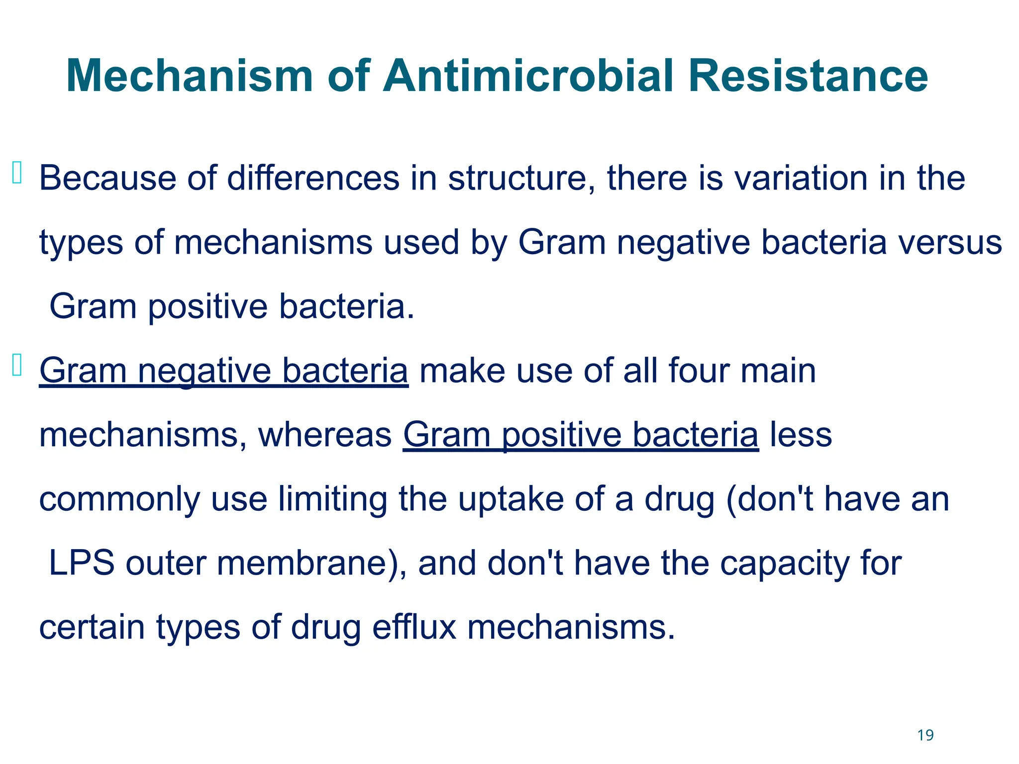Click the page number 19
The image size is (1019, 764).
[x=925, y=735]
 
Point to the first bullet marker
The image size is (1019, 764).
[x=17, y=173]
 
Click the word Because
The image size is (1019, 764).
[x=107, y=178]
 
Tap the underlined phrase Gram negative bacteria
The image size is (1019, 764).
[x=223, y=371]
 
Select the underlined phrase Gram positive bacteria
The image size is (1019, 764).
[x=581, y=435]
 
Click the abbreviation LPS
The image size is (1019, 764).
[x=82, y=563]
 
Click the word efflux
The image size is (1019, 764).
[x=414, y=627]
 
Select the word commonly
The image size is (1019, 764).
[x=119, y=499]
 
